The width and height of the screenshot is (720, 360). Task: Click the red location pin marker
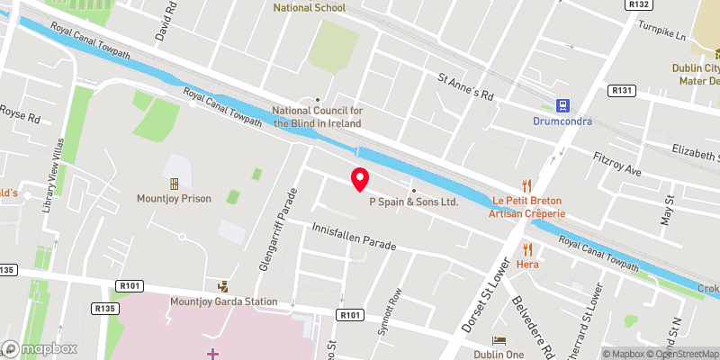pos(360,179)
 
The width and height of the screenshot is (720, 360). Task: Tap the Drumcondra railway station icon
pos(563,105)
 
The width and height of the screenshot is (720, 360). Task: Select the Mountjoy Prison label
pos(174,198)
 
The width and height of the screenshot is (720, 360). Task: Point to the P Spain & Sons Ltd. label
pos(414,202)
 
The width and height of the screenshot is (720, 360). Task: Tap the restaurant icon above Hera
pos(526,249)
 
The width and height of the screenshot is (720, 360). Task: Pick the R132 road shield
pos(615,4)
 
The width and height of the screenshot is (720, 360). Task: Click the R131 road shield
pos(622,90)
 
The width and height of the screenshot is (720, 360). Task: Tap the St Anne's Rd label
pos(465,87)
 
